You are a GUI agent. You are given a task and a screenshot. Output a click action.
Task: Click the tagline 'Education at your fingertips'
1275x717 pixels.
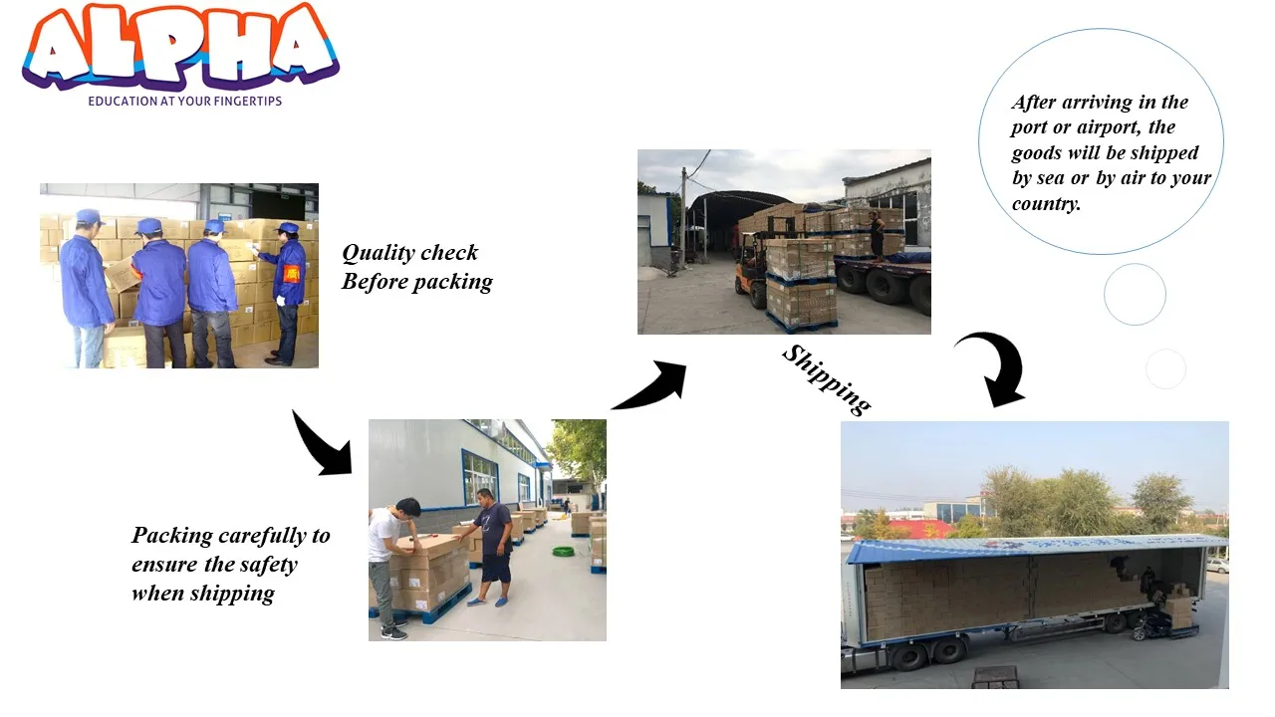click(x=184, y=102)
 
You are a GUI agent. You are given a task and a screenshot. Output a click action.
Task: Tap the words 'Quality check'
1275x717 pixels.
click(x=409, y=253)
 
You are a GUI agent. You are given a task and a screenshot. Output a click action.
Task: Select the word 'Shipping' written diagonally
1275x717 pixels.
click(x=826, y=378)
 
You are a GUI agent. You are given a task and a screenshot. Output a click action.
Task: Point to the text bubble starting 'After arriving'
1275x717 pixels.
click(x=1101, y=149)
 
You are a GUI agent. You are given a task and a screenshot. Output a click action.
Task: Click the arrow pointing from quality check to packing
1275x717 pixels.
click(x=322, y=441)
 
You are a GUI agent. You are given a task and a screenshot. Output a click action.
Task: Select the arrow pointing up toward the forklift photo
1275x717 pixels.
click(x=651, y=385)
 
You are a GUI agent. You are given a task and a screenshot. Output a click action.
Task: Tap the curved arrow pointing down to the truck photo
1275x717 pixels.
click(x=993, y=367)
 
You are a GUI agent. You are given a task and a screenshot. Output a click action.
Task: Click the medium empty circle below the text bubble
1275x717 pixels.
click(x=1135, y=294)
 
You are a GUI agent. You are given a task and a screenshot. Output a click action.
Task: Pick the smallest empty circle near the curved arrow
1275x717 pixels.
click(x=1165, y=369)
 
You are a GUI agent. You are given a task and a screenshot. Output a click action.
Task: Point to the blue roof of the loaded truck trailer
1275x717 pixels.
click(x=1036, y=546)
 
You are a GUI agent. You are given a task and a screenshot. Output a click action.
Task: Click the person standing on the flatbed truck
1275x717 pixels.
click(x=877, y=234)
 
